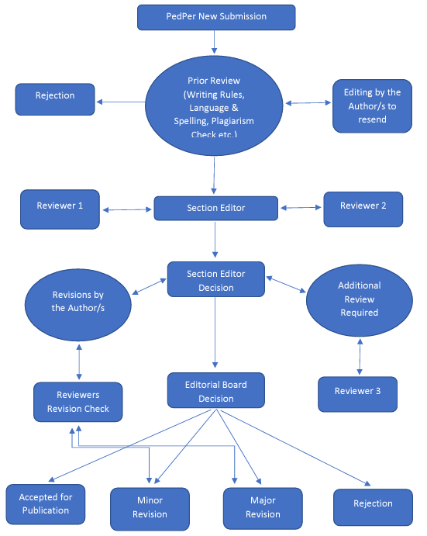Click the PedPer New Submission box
(216, 17)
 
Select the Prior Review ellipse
(214, 105)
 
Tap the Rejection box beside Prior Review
(55, 99)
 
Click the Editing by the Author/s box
(372, 106)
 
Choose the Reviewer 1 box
(60, 209)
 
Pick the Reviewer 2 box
(363, 209)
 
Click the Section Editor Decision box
(216, 279)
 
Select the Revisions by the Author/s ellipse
(78, 305)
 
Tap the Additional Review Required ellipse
(360, 300)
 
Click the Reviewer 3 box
(358, 394)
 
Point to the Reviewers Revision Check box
(78, 402)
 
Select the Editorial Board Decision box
(216, 390)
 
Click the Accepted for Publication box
(46, 504)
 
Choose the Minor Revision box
(150, 509)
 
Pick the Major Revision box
(263, 509)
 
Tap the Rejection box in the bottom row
(373, 507)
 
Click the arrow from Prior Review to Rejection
(121, 102)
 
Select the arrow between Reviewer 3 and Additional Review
(360, 357)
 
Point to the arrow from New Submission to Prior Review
(214, 42)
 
